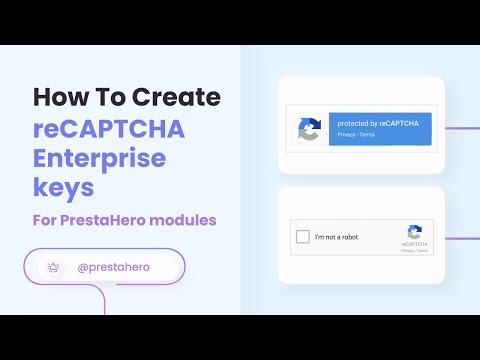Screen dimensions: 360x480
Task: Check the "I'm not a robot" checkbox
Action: pos(302,237)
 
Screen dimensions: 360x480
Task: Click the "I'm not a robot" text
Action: pos(336,237)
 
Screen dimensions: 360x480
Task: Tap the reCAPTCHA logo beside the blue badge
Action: pos(308,128)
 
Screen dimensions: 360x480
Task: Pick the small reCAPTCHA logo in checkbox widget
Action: pos(414,231)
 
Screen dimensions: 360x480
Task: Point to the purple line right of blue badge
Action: pos(461,128)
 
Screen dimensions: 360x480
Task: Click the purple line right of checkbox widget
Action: pos(461,238)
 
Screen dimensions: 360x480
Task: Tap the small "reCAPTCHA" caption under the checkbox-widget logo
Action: pos(414,243)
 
